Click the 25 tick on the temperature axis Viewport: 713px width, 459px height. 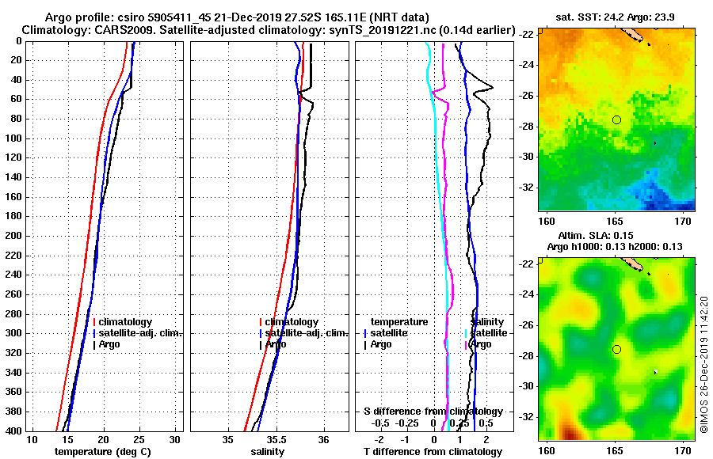[139, 440]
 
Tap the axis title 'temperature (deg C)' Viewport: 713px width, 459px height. [102, 452]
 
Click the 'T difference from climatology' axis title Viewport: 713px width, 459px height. [433, 452]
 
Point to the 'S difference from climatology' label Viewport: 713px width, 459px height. [433, 412]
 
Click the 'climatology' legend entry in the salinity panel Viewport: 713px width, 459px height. [292, 322]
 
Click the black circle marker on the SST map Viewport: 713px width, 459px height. [616, 119]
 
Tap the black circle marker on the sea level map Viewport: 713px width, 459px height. [616, 349]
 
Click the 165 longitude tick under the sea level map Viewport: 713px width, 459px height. [615, 450]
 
